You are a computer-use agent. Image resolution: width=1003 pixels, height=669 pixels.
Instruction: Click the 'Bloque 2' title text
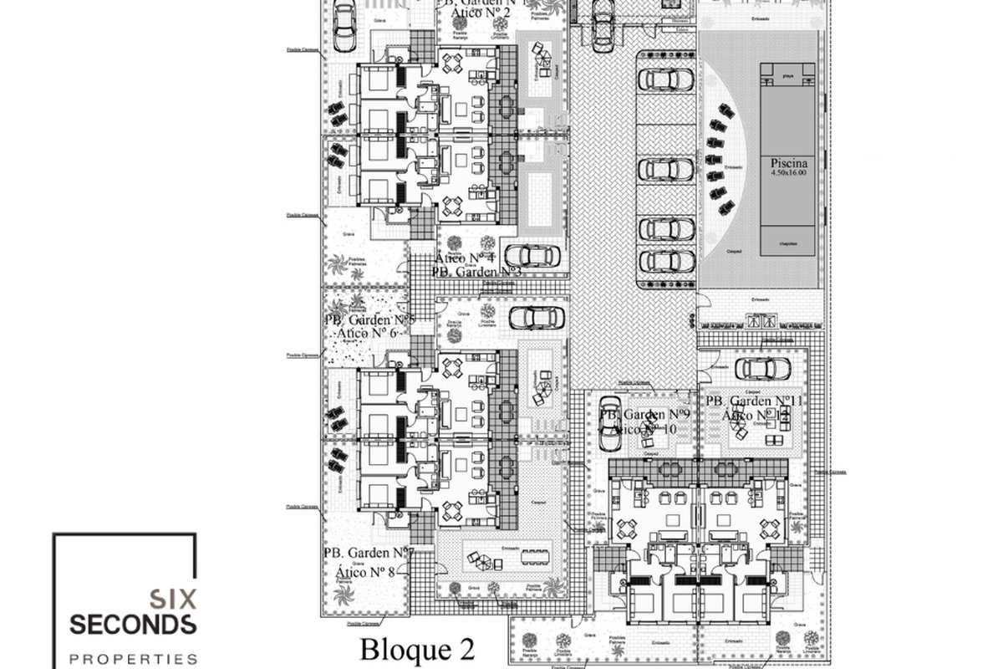coord(417,649)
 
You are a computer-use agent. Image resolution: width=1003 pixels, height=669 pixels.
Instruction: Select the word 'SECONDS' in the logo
coord(133,624)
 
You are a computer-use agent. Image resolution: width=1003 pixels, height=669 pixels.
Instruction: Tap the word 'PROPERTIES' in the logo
coord(133,658)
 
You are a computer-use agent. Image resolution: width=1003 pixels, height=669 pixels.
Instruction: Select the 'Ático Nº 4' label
coord(465,258)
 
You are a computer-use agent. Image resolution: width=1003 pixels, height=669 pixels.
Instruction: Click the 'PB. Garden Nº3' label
coord(477,272)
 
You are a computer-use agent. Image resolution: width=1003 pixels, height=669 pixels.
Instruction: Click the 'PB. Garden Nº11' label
coord(754,401)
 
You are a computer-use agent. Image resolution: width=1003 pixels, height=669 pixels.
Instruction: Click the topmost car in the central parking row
coord(666,79)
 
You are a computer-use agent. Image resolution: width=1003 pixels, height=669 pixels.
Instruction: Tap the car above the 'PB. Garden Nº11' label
coord(763,367)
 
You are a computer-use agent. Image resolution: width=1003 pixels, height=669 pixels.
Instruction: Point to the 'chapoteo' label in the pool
coord(785,243)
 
